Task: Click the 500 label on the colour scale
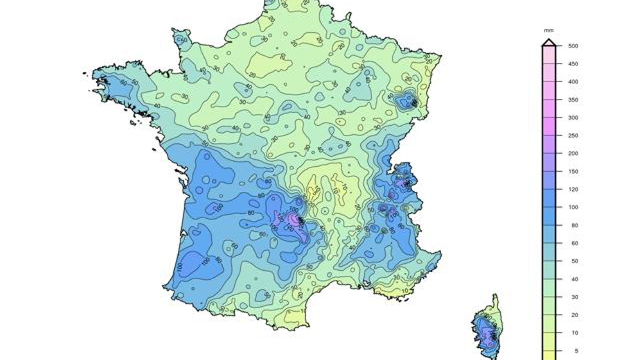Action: point(573,46)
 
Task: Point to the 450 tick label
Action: point(573,64)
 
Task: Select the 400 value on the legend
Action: point(573,82)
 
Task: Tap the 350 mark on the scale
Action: point(573,100)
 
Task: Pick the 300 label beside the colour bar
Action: point(573,118)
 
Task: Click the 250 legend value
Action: point(573,136)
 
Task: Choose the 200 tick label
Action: point(573,154)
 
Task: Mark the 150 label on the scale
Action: point(573,172)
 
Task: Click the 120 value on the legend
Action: point(573,190)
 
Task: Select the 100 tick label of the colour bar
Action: point(573,207)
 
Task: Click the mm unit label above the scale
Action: point(549,31)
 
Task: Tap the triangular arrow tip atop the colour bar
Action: point(549,42)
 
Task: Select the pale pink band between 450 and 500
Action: point(549,55)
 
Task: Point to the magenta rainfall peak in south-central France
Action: point(296,219)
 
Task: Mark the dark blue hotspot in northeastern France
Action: point(407,99)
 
